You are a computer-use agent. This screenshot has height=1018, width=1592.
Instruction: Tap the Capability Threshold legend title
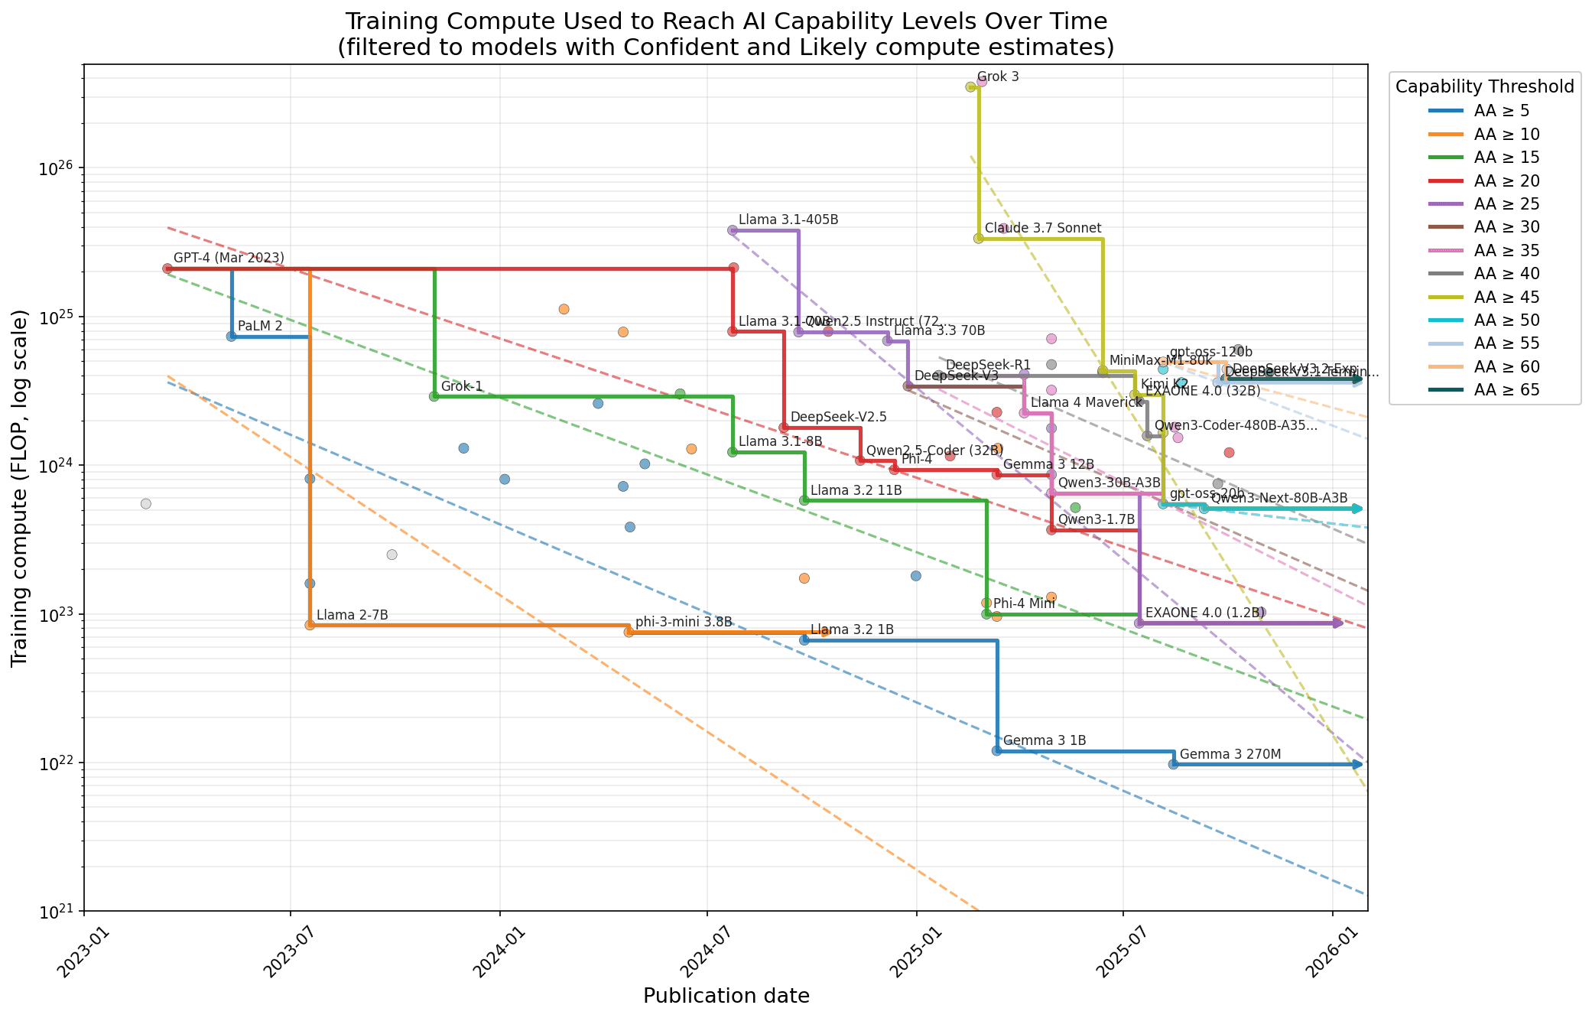pos(1484,86)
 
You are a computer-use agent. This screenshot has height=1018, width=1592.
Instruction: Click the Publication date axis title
pos(726,996)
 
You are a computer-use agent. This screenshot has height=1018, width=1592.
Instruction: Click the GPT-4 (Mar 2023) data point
pos(167,268)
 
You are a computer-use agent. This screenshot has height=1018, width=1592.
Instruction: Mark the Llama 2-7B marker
pos(310,625)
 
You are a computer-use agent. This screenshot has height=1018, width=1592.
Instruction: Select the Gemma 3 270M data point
pos(1174,764)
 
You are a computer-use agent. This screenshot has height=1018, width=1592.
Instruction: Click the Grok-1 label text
pos(461,386)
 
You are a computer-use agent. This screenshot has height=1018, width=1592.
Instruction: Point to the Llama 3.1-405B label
pos(788,220)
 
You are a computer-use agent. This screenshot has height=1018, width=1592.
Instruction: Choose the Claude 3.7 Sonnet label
pos(1042,228)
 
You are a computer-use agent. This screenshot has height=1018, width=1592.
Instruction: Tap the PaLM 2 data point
pos(232,337)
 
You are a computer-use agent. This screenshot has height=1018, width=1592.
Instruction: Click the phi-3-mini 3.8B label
pos(684,622)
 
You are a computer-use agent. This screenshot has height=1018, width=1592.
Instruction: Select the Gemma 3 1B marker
pos(996,750)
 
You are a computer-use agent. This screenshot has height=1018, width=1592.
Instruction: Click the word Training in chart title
pos(394,21)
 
